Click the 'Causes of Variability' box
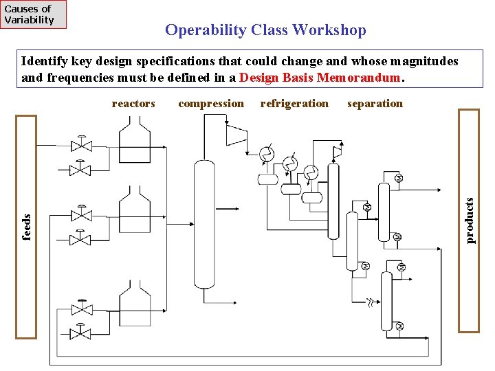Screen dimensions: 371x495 point(34,14)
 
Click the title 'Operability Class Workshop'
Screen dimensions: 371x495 point(265,30)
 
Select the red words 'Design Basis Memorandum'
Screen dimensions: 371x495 point(320,78)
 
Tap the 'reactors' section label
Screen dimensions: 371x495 point(133,104)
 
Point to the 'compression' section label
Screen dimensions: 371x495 point(210,104)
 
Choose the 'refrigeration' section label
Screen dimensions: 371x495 point(294,104)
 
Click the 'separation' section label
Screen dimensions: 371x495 point(375,104)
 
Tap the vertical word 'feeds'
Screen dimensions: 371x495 point(27,227)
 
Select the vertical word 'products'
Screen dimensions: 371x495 point(470,221)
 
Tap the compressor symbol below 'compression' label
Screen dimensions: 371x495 point(236,136)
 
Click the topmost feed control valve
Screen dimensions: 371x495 point(82,144)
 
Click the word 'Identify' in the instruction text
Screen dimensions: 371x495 point(42,62)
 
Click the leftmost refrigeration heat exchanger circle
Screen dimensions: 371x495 point(266,154)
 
